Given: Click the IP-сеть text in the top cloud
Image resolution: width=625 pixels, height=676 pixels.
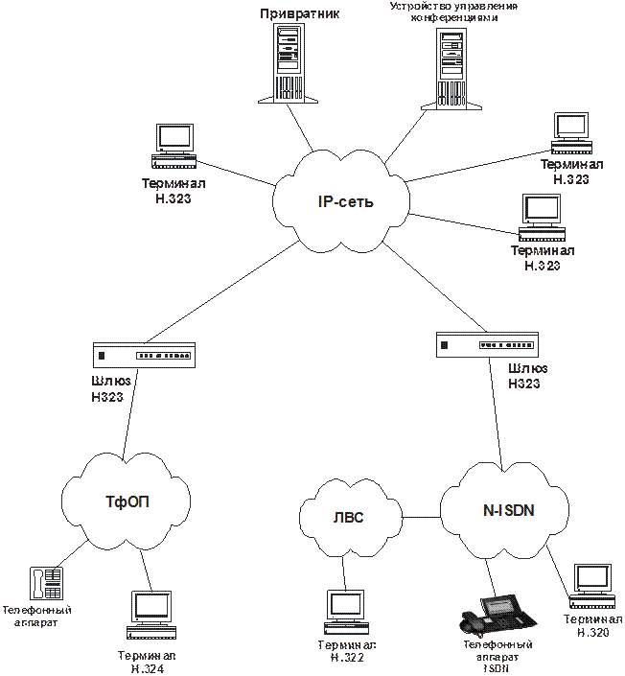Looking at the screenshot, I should click(344, 202).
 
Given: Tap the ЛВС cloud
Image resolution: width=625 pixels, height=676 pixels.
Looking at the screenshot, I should click(348, 518).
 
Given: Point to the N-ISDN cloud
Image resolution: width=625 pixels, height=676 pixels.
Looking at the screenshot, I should click(507, 509).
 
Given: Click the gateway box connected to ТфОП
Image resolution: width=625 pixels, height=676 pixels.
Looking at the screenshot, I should click(144, 356).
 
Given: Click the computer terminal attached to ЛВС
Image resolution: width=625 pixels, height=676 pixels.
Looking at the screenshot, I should click(344, 614).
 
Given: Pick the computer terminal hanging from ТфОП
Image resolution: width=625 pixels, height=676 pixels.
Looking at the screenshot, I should click(151, 615).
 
